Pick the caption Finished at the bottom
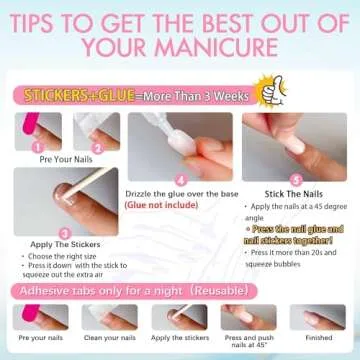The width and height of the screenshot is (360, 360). point(323,338)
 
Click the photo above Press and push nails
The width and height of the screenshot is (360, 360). point(250,316)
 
